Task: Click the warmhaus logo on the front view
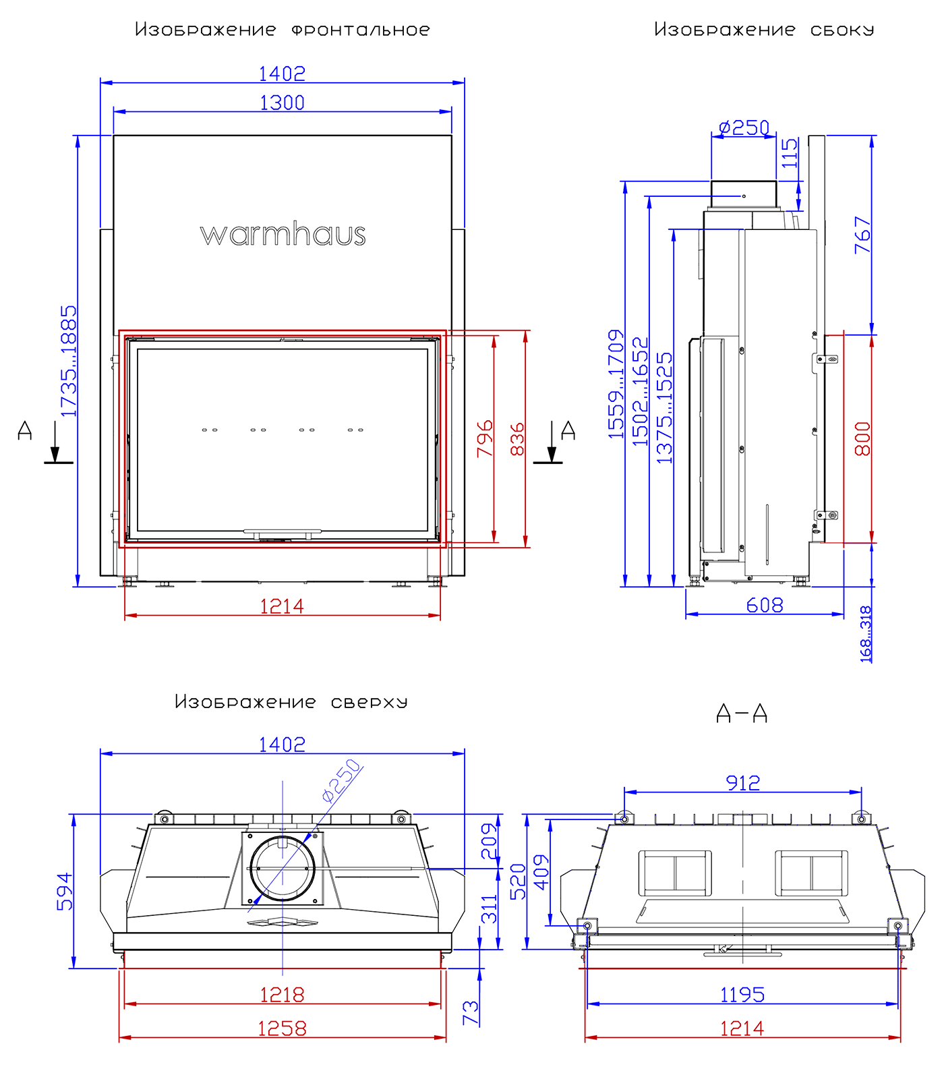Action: click(x=283, y=235)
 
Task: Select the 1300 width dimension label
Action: click(x=282, y=103)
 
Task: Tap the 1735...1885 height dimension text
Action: click(x=69, y=361)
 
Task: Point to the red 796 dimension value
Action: click(x=485, y=439)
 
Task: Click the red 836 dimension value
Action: click(x=517, y=439)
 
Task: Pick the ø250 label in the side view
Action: click(x=744, y=127)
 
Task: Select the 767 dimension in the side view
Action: click(x=862, y=235)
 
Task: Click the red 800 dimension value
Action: click(x=862, y=439)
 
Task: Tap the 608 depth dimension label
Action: click(x=765, y=605)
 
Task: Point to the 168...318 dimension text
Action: click(x=866, y=634)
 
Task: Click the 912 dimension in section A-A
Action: click(x=742, y=783)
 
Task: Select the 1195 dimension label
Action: click(x=742, y=995)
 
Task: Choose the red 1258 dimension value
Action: click(x=282, y=1028)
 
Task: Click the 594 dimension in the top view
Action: click(x=65, y=892)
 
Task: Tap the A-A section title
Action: click(x=742, y=713)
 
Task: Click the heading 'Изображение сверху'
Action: click(x=291, y=702)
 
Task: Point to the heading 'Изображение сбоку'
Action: click(x=764, y=30)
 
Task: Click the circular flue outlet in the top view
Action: click(x=283, y=869)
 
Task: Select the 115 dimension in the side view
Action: click(x=790, y=153)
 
